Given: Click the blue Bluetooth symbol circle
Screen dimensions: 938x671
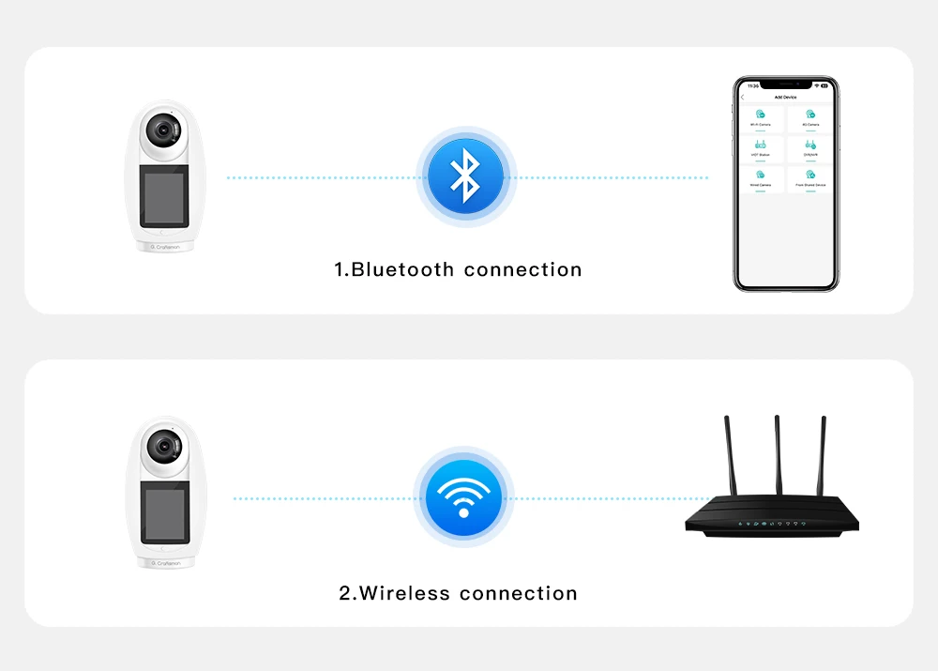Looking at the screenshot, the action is (465, 177).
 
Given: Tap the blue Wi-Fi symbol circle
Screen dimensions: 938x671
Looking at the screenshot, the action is (463, 497).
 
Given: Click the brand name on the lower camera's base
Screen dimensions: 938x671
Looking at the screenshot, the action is (166, 563).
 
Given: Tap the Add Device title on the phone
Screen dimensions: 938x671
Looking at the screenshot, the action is (785, 98).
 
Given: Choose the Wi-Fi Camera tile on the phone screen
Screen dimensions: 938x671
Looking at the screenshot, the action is (761, 118).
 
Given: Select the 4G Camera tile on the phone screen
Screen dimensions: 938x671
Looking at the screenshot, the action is (810, 118).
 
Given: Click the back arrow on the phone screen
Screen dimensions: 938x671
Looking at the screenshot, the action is (743, 98).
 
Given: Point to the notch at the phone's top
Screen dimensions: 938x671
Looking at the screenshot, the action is (785, 84).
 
